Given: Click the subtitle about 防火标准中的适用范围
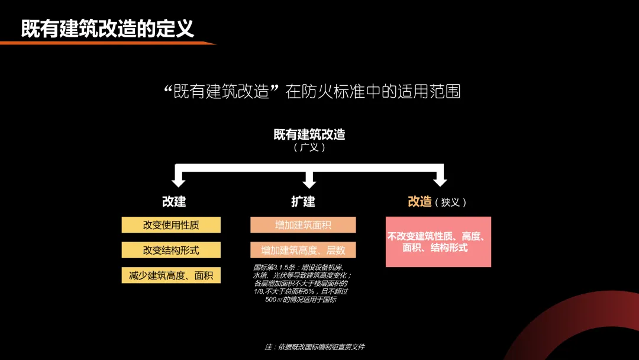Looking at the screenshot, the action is coord(312,92).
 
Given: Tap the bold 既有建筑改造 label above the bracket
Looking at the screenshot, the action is coord(309,134).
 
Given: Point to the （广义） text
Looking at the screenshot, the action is coord(309,147).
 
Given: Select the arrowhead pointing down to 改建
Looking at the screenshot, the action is coord(178,178).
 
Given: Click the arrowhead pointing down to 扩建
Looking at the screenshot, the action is coord(309,178).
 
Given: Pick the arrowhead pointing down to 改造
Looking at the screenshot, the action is coord(439,178).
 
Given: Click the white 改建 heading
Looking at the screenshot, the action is coord(174,202).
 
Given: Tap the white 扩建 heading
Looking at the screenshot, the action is coord(303,202).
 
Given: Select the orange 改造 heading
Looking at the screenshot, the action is coord(419,202).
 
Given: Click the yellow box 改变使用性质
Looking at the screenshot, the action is coord(171,225).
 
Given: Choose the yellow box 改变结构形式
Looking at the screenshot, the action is coord(171,250).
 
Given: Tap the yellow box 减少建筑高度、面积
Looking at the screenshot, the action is coord(171,275).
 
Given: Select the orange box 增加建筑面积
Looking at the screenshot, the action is coord(303,225).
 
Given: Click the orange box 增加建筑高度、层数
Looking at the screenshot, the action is coord(303,250).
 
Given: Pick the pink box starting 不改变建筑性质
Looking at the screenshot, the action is coord(438,242).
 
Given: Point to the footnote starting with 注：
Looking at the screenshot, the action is coord(315,346).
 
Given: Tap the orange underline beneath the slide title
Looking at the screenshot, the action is coord(106,43).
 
